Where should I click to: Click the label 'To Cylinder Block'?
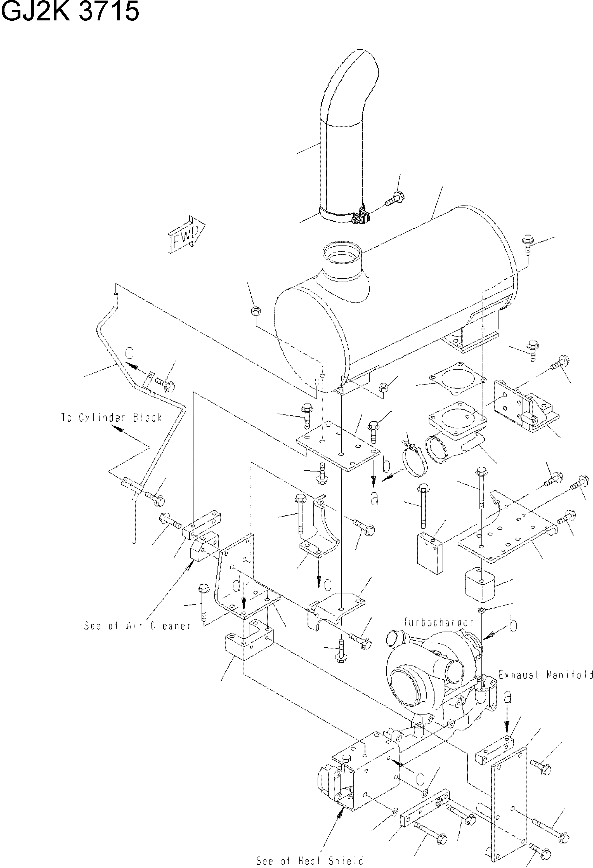[112, 417]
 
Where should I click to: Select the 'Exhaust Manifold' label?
[545, 675]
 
